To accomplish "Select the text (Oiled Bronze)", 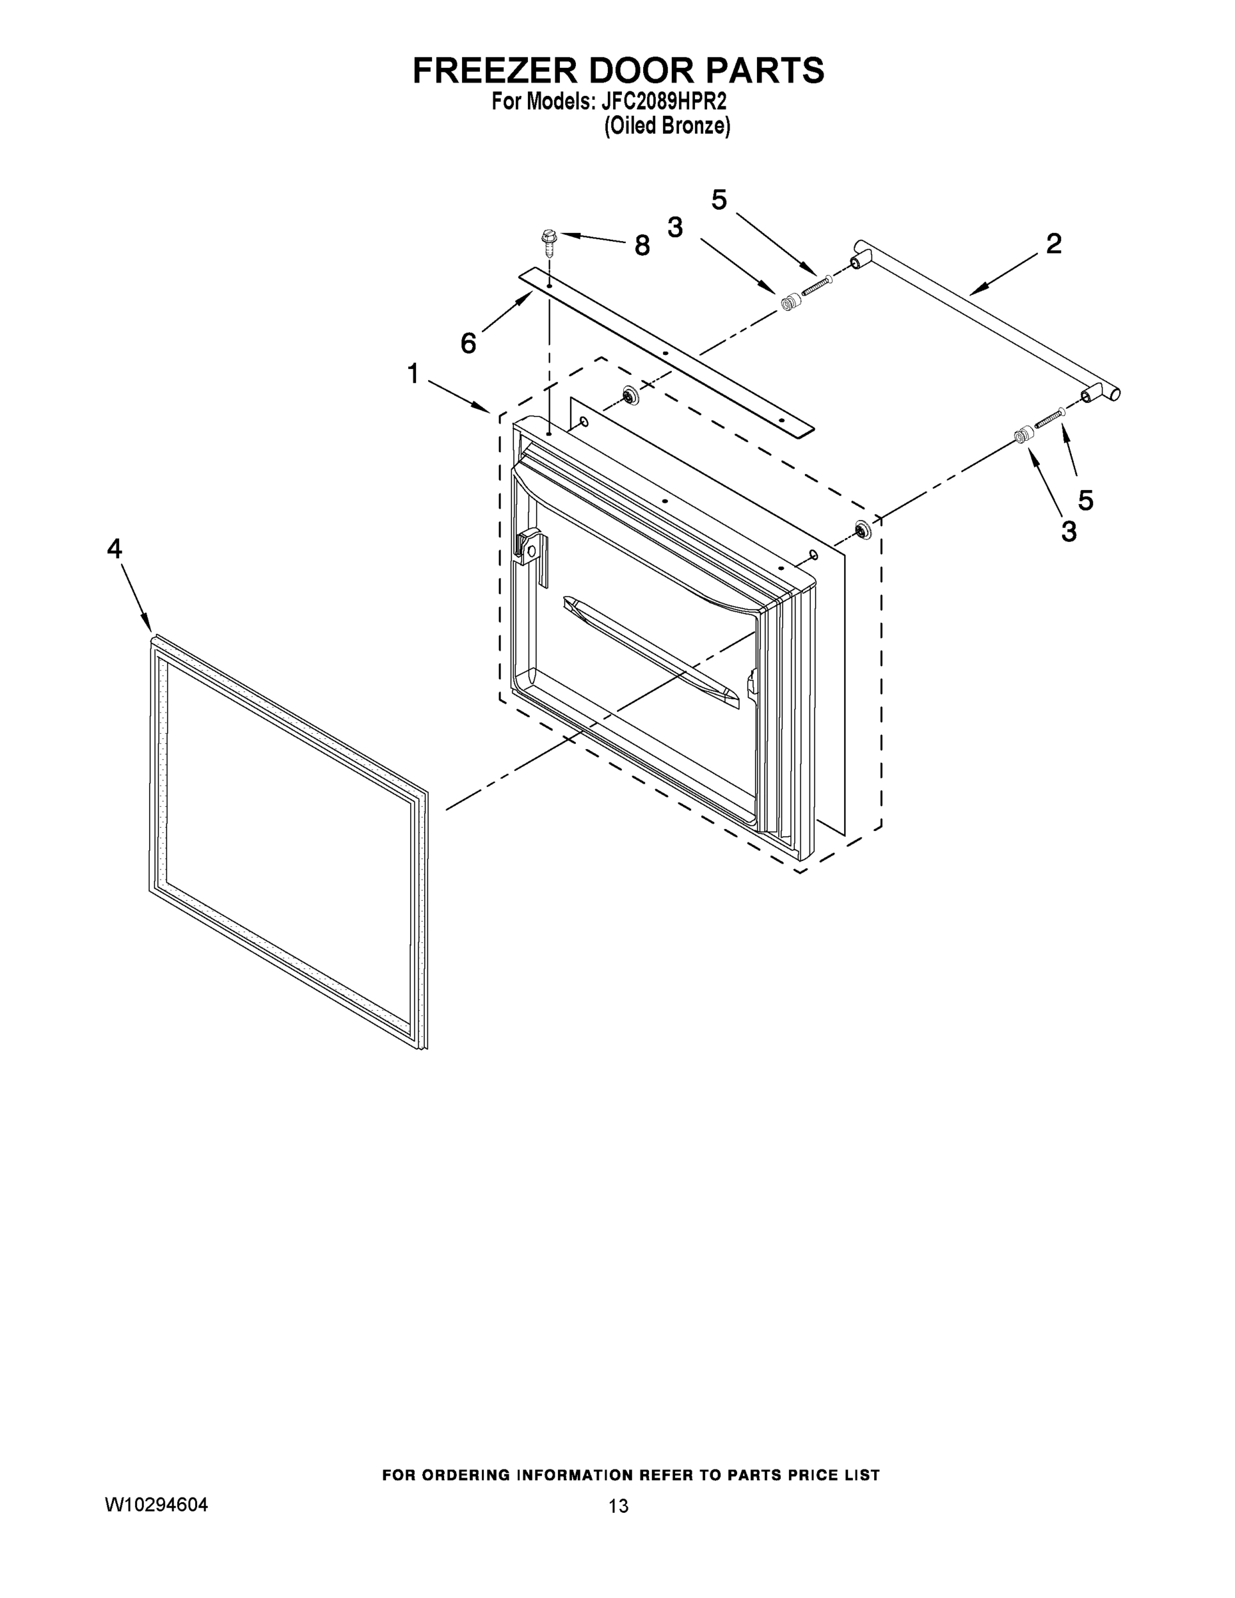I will tap(666, 127).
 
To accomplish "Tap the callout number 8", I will tap(642, 246).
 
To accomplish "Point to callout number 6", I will tap(468, 343).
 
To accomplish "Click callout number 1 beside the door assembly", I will tap(413, 374).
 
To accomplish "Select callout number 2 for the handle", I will tap(1053, 244).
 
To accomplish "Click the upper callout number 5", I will tap(719, 200).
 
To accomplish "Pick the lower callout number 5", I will tap(1086, 501).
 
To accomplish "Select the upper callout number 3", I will tap(674, 228).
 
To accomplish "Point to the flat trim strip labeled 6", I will tap(666, 353).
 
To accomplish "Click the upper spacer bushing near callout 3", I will tap(789, 302).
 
